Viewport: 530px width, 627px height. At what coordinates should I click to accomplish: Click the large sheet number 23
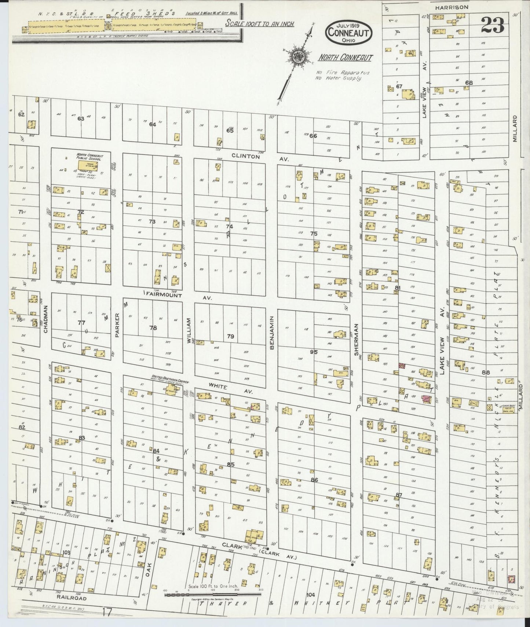pyautogui.click(x=492, y=25)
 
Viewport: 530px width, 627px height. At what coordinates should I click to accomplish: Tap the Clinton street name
pyautogui.click(x=245, y=156)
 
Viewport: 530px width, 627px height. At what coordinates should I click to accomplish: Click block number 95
pyautogui.click(x=313, y=352)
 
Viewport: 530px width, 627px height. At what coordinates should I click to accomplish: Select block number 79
pyautogui.click(x=230, y=336)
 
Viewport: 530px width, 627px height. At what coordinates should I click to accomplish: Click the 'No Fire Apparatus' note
pyautogui.click(x=343, y=73)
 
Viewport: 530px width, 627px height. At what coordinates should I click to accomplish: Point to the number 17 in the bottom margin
pyautogui.click(x=107, y=612)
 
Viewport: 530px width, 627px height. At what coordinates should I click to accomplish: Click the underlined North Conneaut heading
pyautogui.click(x=345, y=58)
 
